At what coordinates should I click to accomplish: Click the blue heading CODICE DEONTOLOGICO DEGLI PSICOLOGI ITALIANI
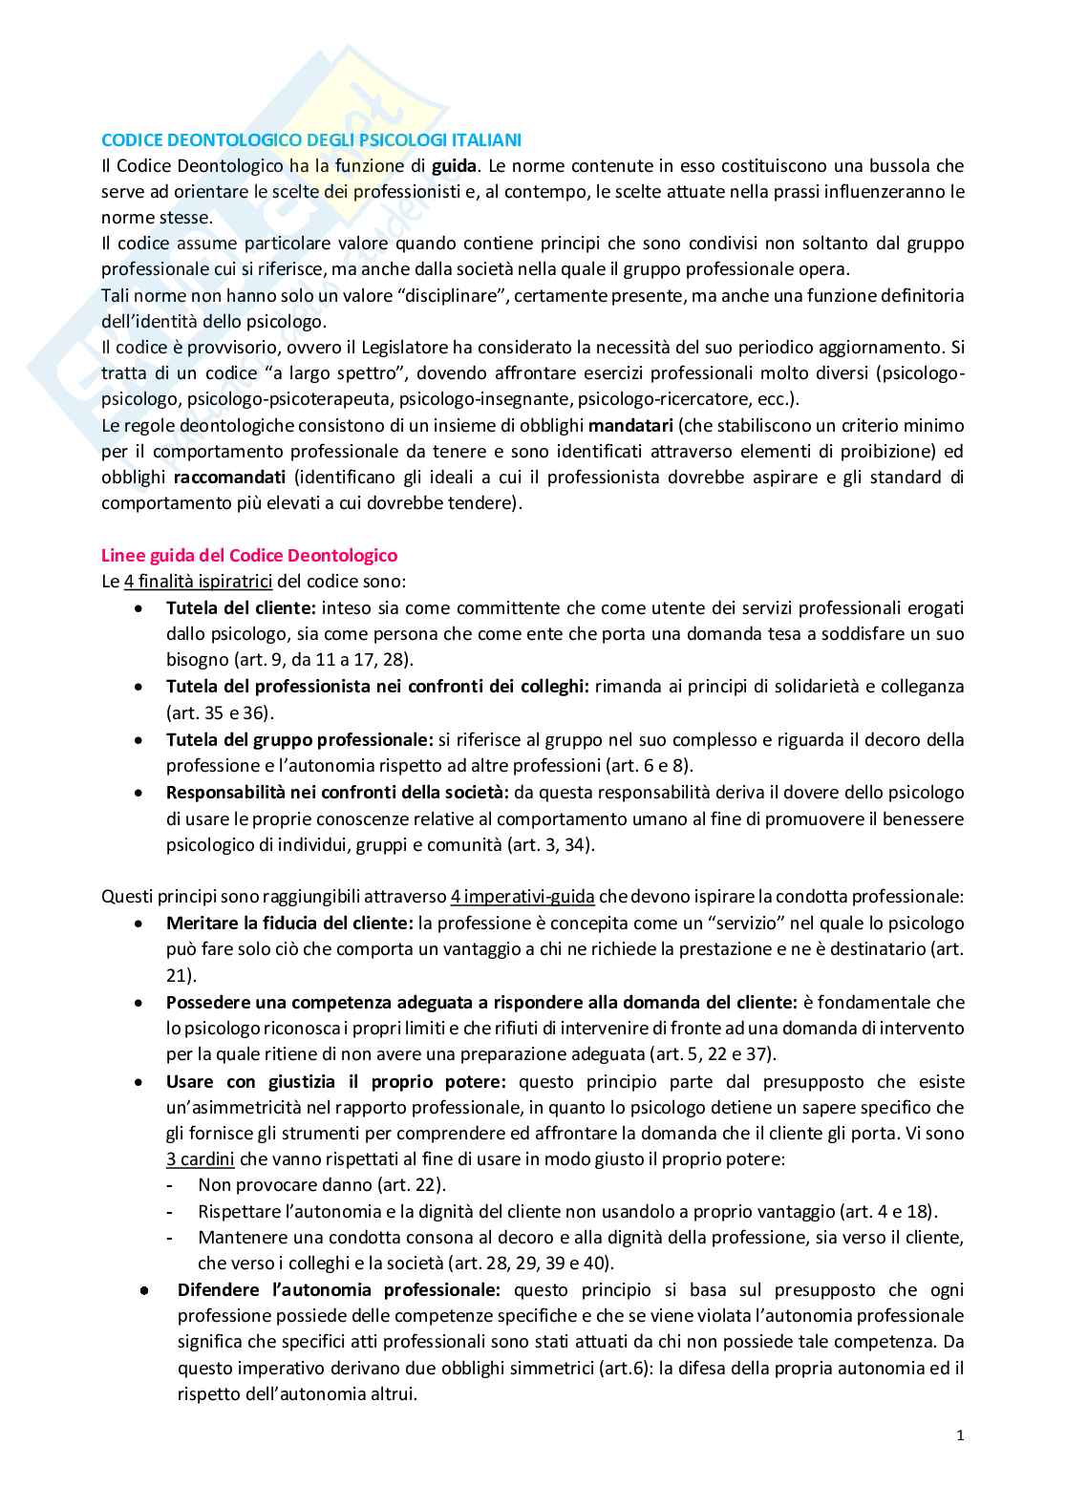[311, 139]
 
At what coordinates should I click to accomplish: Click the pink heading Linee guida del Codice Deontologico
[249, 555]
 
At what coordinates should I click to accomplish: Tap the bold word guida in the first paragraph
[453, 165]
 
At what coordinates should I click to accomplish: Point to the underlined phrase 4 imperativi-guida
[522, 896]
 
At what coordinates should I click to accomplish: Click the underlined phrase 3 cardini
[200, 1159]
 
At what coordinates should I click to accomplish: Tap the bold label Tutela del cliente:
[241, 607]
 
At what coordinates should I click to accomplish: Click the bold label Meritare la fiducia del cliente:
[289, 923]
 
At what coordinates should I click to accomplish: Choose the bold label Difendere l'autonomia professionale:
[339, 1289]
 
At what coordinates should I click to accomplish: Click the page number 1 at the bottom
[960, 1435]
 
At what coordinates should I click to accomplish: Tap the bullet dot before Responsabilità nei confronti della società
[140, 793]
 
